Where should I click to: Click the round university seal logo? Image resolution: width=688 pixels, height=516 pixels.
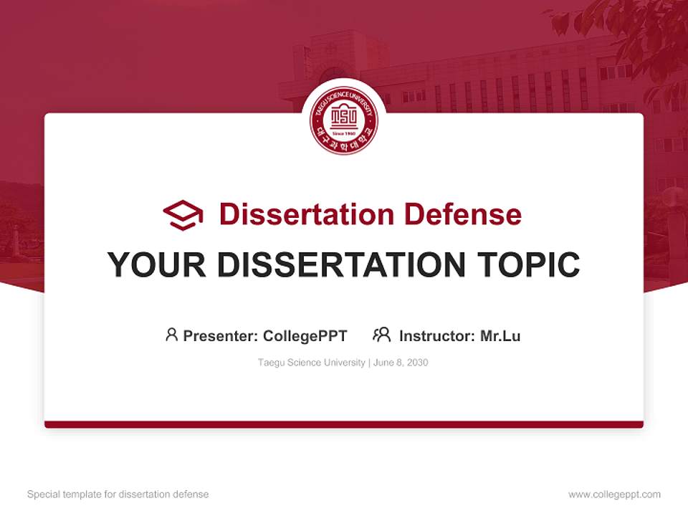[343, 120]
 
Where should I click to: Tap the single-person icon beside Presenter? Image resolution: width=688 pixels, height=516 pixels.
[171, 335]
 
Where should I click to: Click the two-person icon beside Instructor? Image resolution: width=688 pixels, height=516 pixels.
[381, 335]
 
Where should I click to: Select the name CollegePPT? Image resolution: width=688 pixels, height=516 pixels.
[305, 336]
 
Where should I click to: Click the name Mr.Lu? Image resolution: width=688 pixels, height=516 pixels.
[500, 336]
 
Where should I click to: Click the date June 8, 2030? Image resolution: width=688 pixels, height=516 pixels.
[401, 363]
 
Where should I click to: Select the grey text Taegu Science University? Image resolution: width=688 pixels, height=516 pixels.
[311, 363]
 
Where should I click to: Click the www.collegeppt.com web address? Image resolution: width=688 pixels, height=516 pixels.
[614, 494]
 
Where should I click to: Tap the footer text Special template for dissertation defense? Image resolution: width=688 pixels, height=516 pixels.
[118, 494]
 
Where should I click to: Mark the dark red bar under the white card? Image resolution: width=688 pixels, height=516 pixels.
[343, 424]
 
